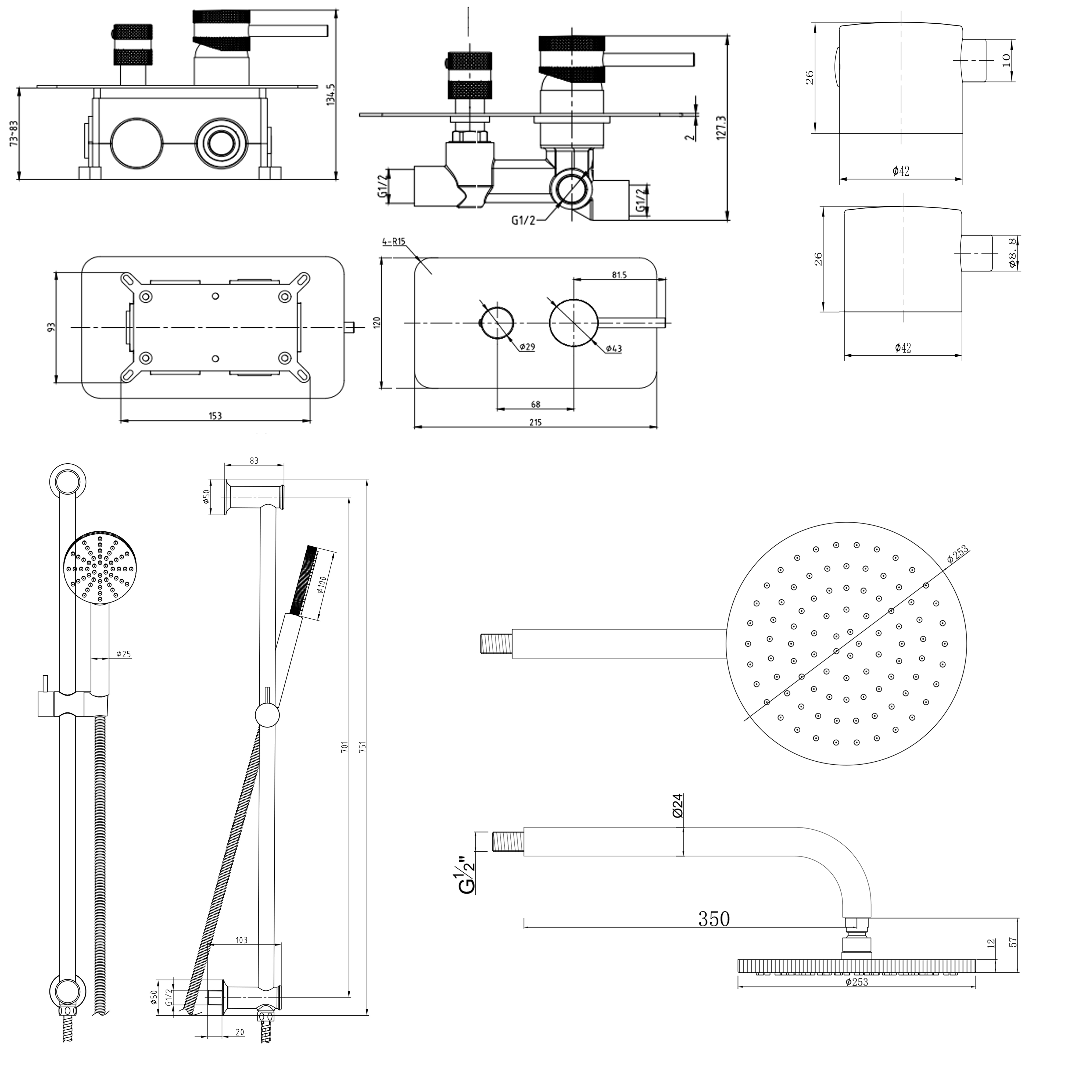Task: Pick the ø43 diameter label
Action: [613, 349]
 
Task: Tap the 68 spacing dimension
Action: [535, 404]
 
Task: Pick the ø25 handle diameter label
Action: [124, 654]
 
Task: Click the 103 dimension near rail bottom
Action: [241, 940]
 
